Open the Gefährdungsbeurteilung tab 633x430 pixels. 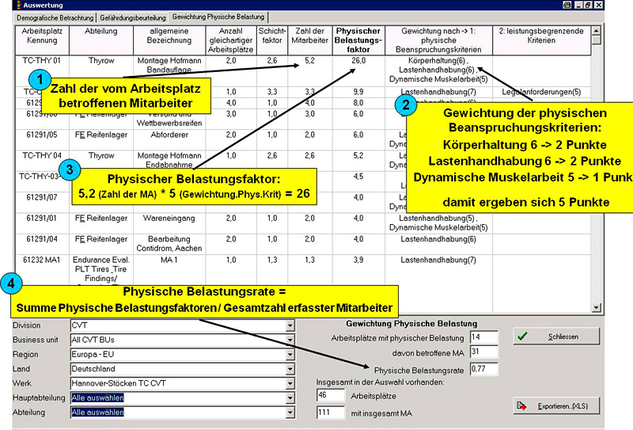[x=133, y=17]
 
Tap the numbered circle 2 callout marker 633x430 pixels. [x=406, y=104]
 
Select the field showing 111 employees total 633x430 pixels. [x=328, y=412]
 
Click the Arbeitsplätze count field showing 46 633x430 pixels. [x=328, y=394]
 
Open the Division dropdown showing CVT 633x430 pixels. [x=182, y=325]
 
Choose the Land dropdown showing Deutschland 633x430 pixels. [x=182, y=369]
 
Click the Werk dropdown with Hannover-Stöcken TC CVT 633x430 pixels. [x=182, y=383]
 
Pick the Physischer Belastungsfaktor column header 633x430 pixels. [x=358, y=39]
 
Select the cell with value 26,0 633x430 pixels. [x=358, y=59]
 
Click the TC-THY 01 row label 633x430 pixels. [x=42, y=59]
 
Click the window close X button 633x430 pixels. [x=623, y=5]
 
